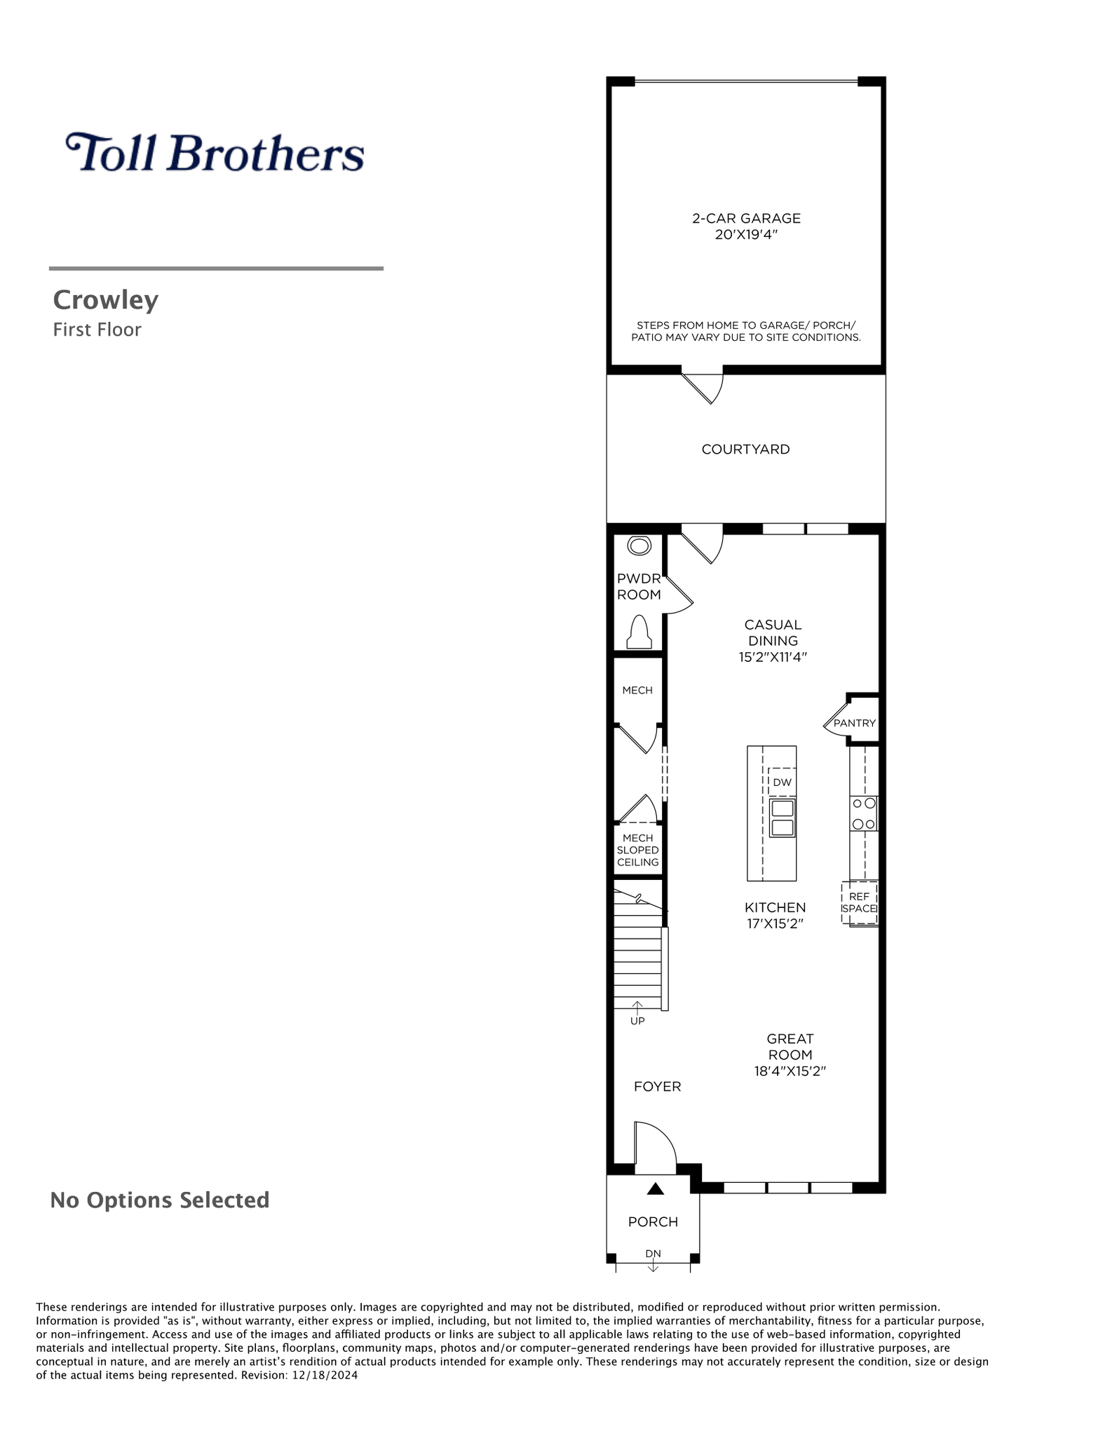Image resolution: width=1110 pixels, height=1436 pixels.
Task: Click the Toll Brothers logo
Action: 215,152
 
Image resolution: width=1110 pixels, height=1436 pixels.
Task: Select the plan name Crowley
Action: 106,300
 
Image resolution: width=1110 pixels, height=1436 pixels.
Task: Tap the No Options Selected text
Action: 160,1200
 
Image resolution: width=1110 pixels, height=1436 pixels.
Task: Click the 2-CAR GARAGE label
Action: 746,218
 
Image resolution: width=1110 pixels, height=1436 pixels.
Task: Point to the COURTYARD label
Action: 745,449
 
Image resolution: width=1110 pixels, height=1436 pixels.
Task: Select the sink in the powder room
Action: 639,545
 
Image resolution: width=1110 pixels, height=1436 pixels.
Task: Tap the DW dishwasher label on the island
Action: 782,782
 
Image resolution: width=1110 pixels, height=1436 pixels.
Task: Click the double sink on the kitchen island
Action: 782,818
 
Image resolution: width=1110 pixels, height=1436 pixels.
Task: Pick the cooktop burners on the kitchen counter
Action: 864,813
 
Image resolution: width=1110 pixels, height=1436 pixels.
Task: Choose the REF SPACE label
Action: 859,902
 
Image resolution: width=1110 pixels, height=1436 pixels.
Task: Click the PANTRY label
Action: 855,723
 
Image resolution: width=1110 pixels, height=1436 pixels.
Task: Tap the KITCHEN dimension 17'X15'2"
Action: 775,923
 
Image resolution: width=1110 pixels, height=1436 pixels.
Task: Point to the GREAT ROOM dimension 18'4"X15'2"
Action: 790,1071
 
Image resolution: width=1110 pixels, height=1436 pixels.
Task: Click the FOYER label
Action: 657,1086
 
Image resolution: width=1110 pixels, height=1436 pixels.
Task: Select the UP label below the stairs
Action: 637,1021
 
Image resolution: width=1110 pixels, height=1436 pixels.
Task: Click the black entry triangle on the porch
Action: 655,1188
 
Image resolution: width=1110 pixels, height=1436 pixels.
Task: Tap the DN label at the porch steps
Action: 653,1253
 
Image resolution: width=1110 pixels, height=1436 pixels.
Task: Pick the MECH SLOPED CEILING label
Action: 638,850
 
